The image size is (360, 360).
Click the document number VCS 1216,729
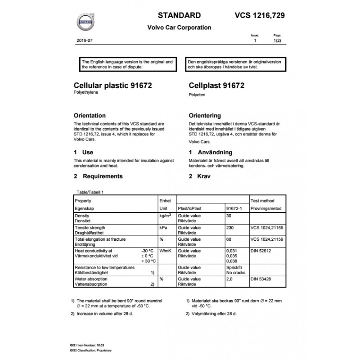tap(260, 15)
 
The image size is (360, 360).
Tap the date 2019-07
tap(84, 40)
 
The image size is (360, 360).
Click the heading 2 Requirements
tap(98, 176)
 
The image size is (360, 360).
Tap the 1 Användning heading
tap(210, 153)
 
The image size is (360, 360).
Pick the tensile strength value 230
tap(231, 228)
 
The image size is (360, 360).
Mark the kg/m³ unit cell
tap(164, 216)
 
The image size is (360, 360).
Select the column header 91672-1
tap(234, 209)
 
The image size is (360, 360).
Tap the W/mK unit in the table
tap(165, 251)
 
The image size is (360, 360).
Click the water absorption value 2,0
tap(229, 279)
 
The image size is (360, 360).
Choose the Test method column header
tap(262, 201)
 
